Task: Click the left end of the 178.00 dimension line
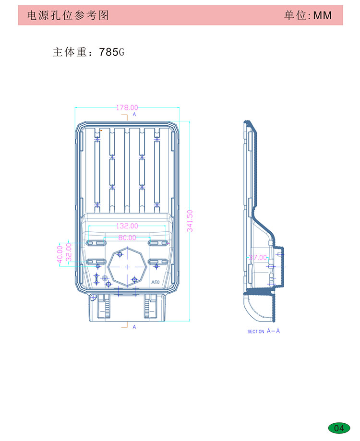[x=75, y=107]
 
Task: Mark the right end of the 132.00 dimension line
[x=166, y=226]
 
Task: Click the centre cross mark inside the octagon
[x=127, y=267]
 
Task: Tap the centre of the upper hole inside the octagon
[x=120, y=254]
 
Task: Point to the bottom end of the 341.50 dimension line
[x=190, y=321]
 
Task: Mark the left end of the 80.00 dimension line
[x=104, y=238]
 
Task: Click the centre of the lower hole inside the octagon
[x=134, y=280]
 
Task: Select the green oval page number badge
[x=339, y=428]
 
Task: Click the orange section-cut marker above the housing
[x=125, y=117]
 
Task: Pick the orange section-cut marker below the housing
[x=125, y=324]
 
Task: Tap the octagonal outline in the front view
[x=127, y=267]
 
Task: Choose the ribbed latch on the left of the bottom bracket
[x=107, y=308]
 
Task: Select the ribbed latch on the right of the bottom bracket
[x=146, y=308]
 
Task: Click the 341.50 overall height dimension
[x=190, y=221]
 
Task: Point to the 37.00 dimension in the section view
[x=257, y=257]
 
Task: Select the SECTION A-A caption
[x=264, y=331]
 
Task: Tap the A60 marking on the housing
[x=155, y=282]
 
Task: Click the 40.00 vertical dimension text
[x=60, y=254]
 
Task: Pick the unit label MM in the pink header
[x=323, y=15]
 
